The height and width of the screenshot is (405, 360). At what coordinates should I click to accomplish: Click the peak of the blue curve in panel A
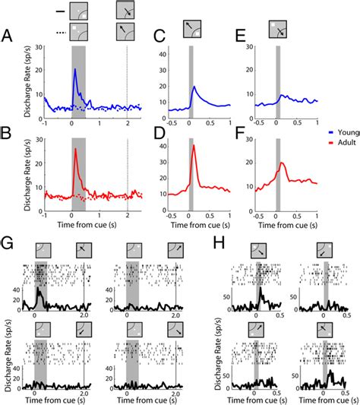(74, 70)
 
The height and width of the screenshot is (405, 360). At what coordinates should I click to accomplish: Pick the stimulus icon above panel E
(276, 31)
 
